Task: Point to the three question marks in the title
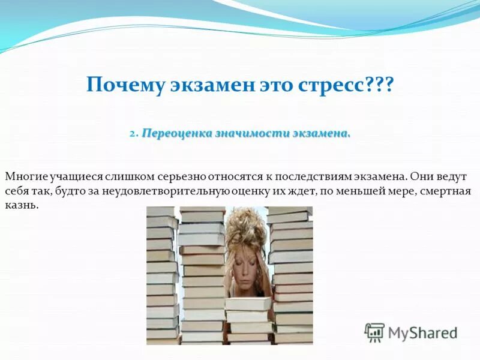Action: (379, 85)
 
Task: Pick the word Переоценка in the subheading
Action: (177, 134)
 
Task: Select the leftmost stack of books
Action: (162, 276)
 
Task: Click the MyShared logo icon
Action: (374, 332)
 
